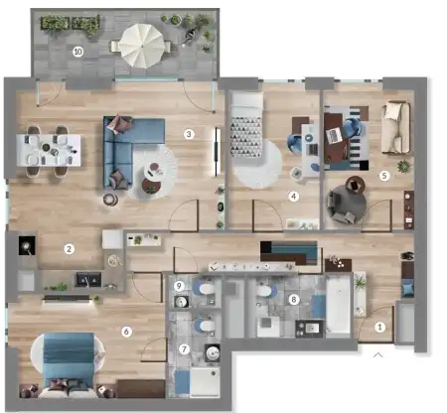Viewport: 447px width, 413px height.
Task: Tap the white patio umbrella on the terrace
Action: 141,44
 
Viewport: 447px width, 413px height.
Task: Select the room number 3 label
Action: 189,133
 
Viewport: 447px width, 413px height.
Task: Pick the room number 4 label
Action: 293,196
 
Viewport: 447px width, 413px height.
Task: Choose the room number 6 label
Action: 126,331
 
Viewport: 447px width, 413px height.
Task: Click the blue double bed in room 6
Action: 69,356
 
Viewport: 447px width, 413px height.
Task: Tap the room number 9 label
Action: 179,286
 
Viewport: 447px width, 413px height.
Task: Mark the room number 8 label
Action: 292,298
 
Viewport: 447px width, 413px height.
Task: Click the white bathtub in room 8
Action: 339,307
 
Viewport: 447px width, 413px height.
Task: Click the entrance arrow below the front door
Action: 377,351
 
